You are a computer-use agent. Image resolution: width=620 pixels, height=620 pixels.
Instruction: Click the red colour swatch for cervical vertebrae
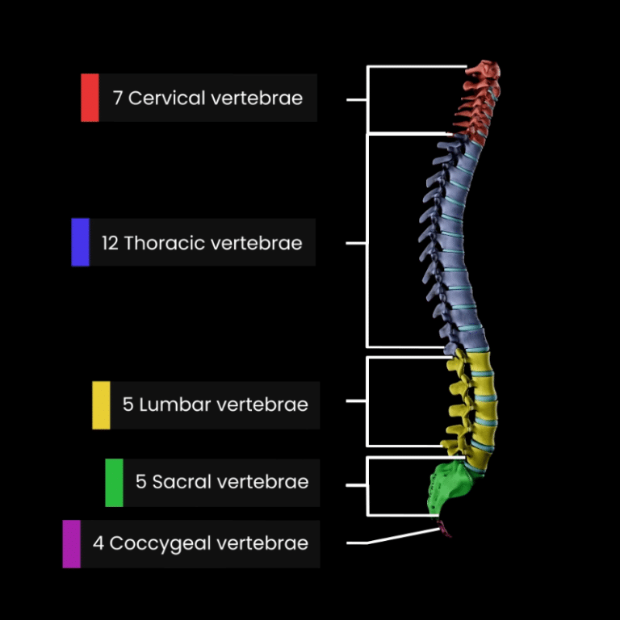(x=90, y=98)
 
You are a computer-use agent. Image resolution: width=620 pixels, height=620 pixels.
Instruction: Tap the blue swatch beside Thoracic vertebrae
(x=80, y=242)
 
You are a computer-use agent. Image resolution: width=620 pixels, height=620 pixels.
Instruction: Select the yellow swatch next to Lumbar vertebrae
(x=101, y=404)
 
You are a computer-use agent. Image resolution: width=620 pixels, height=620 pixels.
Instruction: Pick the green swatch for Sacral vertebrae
(x=114, y=483)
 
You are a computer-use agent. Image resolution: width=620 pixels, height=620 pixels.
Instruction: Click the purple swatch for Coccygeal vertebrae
(x=72, y=543)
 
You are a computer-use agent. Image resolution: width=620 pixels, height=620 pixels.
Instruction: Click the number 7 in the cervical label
(x=118, y=98)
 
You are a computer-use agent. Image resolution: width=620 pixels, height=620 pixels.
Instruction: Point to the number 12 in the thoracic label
(x=109, y=243)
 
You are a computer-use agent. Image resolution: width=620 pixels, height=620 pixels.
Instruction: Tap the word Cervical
(x=167, y=98)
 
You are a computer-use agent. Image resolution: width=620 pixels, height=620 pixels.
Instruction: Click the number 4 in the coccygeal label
(x=98, y=543)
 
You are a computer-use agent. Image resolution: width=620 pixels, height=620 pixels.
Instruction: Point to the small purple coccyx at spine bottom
(x=443, y=528)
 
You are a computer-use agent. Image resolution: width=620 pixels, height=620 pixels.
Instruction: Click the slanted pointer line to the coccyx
(x=400, y=538)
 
